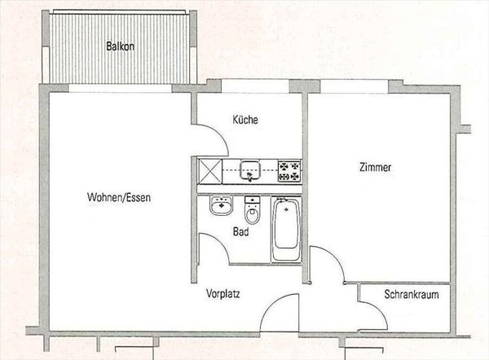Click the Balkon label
(x=121, y=46)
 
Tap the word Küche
(x=245, y=120)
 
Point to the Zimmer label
(x=376, y=168)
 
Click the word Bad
(x=240, y=231)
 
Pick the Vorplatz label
(x=222, y=294)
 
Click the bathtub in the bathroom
(x=285, y=227)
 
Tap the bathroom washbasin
(x=220, y=207)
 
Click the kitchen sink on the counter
(x=249, y=171)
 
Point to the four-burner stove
(x=289, y=171)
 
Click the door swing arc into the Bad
(x=210, y=245)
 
